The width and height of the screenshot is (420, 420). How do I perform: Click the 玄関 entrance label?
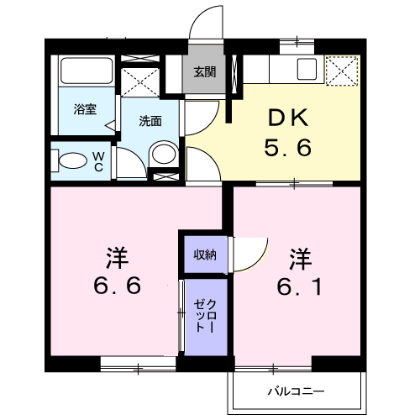(205, 72)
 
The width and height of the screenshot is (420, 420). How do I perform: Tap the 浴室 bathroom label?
(85, 109)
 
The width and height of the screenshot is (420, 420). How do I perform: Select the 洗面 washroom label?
(150, 121)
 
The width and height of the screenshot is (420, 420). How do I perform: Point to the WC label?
(98, 162)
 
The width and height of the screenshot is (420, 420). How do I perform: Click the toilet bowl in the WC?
(73, 160)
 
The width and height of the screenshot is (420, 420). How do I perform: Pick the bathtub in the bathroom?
(87, 71)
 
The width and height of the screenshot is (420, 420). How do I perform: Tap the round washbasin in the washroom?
(164, 154)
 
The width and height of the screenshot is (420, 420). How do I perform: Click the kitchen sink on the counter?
(307, 69)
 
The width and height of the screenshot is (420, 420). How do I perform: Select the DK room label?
(288, 118)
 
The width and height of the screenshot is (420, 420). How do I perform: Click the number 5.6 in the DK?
(288, 148)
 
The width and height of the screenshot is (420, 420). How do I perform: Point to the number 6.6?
(117, 285)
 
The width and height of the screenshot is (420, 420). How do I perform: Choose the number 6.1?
(300, 286)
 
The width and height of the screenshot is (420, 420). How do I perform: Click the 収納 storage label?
(205, 255)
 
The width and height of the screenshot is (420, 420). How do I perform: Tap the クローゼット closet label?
(205, 316)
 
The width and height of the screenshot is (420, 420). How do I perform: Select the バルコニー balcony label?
(297, 391)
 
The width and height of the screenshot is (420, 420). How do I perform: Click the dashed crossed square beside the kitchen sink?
(342, 70)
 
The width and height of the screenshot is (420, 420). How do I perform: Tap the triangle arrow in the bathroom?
(110, 125)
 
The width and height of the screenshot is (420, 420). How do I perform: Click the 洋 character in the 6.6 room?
(117, 258)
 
